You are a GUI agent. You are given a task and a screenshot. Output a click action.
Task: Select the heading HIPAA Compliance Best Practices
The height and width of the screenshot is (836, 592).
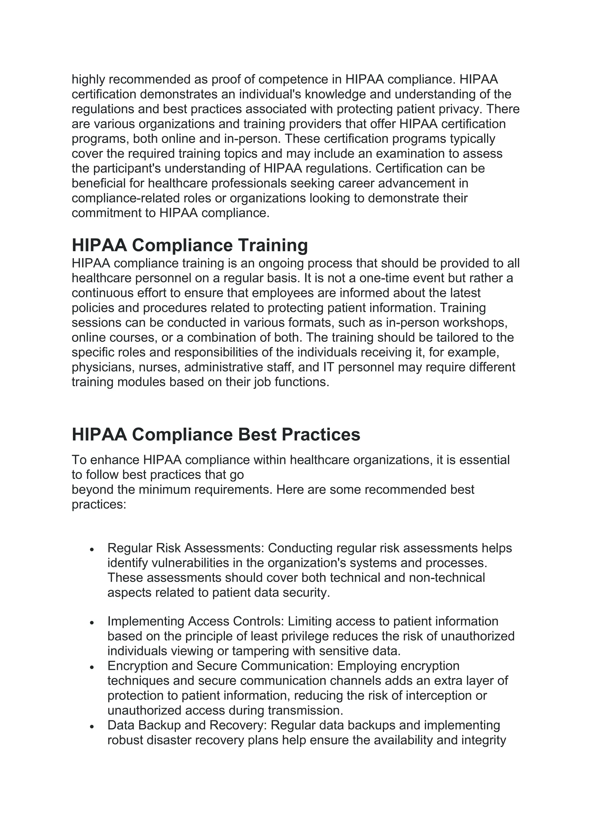coord(216,434)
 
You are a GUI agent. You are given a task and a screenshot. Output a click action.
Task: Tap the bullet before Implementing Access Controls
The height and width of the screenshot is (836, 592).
coord(92,623)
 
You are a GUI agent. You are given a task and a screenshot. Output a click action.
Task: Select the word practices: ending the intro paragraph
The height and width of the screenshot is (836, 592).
coord(99,505)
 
